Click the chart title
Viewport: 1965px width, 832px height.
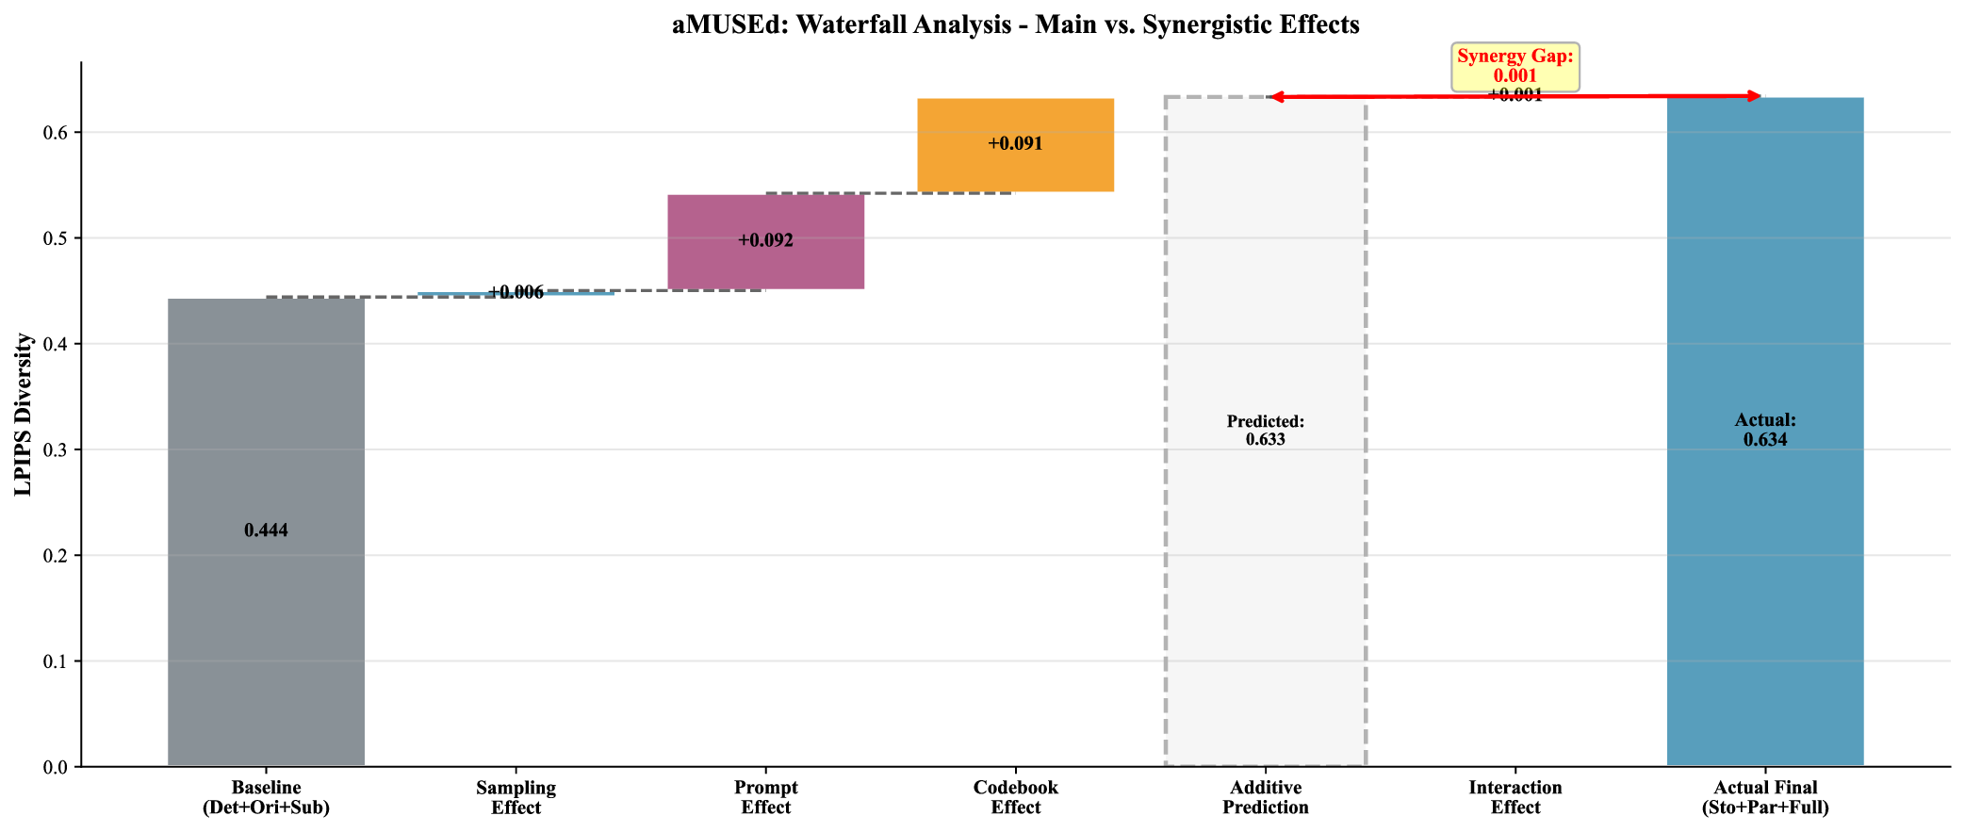click(x=1015, y=24)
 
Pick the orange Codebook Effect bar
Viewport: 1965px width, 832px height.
click(x=1015, y=170)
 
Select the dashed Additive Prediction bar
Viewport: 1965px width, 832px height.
click(x=1265, y=565)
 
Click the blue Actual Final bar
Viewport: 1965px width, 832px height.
click(x=1764, y=565)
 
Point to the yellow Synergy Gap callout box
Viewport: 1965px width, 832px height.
click(x=1515, y=66)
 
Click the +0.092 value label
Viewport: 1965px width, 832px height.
click(x=765, y=240)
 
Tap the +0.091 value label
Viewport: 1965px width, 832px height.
click(x=1015, y=144)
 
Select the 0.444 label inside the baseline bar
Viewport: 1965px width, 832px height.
click(x=266, y=530)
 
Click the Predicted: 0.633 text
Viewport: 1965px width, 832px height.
click(x=1265, y=431)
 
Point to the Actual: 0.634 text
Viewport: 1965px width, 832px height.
click(x=1764, y=430)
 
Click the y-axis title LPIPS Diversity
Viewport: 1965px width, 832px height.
click(x=24, y=415)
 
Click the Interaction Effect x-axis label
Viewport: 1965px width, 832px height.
click(x=1515, y=797)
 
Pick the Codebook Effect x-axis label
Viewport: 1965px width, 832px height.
click(x=1015, y=797)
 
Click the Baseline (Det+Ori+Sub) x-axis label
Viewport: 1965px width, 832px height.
click(x=266, y=797)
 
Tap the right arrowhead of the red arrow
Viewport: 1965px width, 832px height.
click(x=1755, y=96)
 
